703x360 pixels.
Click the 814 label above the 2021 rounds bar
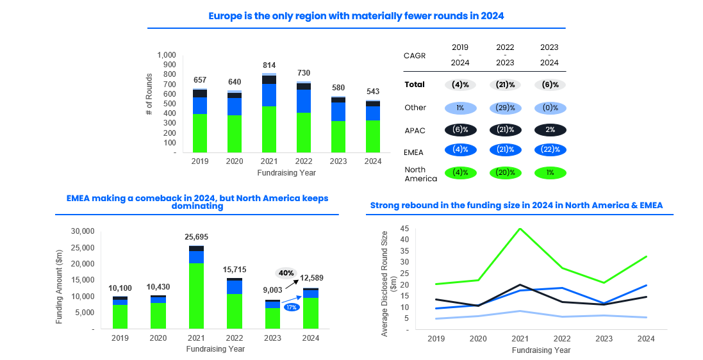pos(269,65)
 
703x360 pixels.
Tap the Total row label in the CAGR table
pos(415,85)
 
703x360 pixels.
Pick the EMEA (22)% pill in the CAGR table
pos(549,150)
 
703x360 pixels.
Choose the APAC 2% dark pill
pos(549,129)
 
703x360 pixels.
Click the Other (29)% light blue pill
pos(504,108)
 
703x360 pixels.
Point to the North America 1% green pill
pos(549,173)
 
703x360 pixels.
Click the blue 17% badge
pos(292,307)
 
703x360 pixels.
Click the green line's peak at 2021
pos(520,229)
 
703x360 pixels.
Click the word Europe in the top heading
pos(224,16)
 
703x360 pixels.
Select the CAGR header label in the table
pos(415,56)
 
